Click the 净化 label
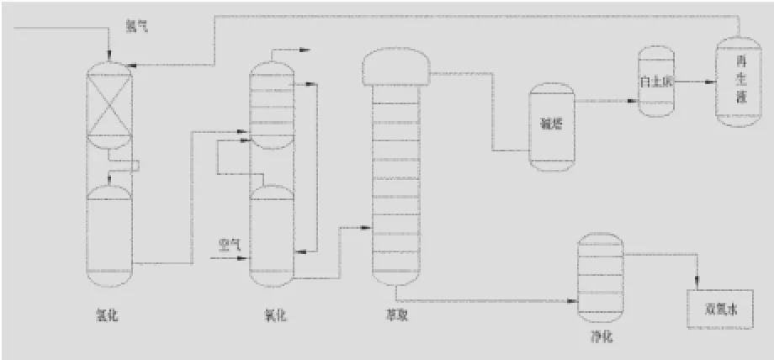602,336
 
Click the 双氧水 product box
721,310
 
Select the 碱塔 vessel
551,126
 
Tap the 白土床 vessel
656,82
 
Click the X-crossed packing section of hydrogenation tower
110,107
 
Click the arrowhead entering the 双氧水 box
697,286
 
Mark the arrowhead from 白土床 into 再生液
711,82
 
